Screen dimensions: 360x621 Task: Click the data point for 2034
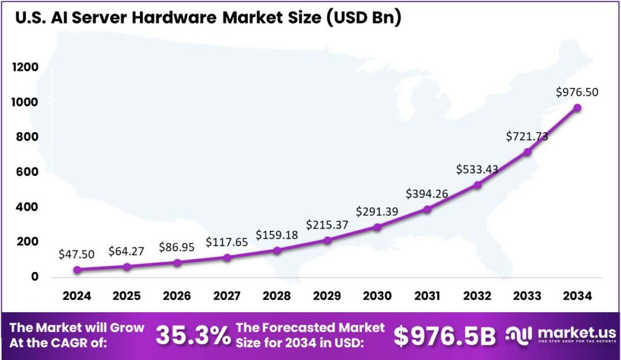577,107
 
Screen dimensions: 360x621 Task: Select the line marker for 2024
77,270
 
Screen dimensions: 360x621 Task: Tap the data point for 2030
377,227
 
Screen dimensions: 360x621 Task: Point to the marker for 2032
477,185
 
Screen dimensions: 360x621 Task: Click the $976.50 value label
577,92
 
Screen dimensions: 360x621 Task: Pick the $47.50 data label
77,254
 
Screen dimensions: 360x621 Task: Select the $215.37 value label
327,224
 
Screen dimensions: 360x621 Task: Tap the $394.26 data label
428,194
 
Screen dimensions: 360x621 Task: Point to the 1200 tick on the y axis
25,67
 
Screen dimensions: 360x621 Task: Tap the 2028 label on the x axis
277,296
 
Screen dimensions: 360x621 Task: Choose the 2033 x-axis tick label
527,296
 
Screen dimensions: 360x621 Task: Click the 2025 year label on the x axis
127,296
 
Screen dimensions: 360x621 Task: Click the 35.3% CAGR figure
193,335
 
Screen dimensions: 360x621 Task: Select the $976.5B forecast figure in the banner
445,336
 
